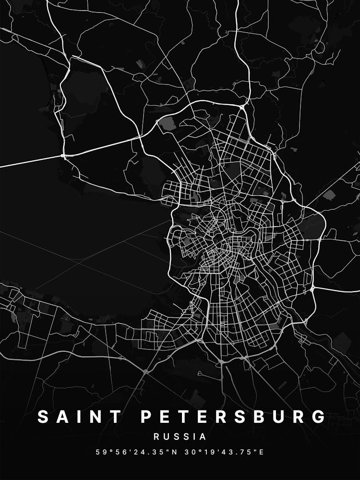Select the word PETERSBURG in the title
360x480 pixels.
click(233, 417)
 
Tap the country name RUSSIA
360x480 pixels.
click(180, 437)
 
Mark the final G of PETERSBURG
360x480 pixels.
click(319, 417)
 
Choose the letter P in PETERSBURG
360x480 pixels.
click(146, 417)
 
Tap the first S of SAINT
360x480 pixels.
click(43, 417)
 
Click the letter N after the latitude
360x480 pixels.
click(174, 452)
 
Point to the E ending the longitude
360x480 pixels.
click(262, 452)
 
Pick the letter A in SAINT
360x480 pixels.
click(62, 417)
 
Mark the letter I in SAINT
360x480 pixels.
click(79, 417)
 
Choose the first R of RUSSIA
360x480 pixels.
click(156, 437)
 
